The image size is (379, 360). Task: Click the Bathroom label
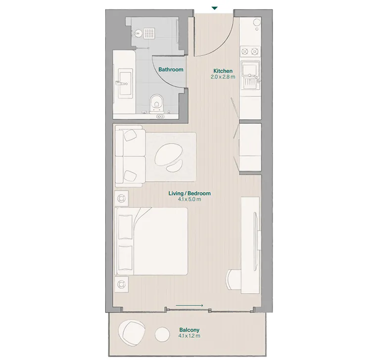171,69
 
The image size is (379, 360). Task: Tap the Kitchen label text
223,71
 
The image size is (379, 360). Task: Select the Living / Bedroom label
189,193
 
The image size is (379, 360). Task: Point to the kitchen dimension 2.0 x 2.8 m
223,77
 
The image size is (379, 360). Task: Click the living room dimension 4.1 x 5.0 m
189,200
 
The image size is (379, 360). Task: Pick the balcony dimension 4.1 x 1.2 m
189,336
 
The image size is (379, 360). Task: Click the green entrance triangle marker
214,8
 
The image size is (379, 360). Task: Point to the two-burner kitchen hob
250,51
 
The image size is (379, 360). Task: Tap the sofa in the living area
130,156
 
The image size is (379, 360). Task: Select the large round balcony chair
132,330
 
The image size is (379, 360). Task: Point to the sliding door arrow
189,306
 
